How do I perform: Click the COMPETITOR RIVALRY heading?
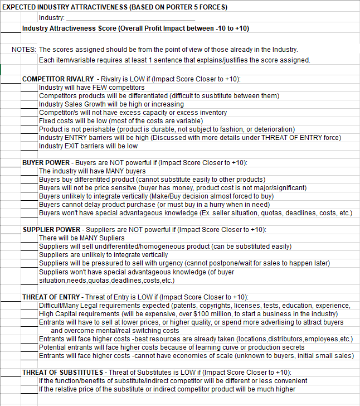point(58,79)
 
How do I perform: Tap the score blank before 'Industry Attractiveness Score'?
point(11,28)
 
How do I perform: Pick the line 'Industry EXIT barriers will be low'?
point(88,146)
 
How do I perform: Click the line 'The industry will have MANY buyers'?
point(92,171)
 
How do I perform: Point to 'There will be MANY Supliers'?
point(82,238)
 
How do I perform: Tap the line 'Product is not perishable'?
point(167,129)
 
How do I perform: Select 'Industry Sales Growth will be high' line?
point(111,104)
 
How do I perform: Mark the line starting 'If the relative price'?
point(167,389)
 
